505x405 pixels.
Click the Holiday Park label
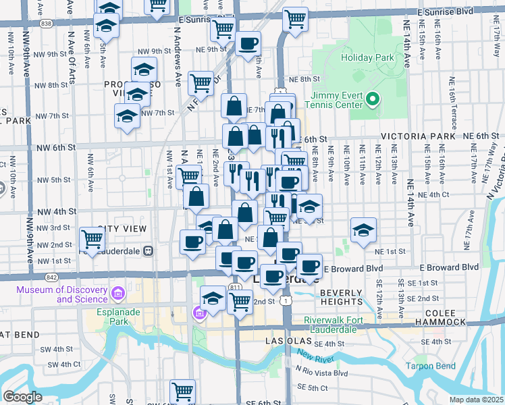[x=367, y=57]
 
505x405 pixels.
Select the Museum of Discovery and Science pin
[x=118, y=294]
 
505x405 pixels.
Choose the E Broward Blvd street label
[x=356, y=269]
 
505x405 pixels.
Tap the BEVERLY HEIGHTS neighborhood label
[x=342, y=297]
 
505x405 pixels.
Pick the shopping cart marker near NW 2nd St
[x=92, y=238]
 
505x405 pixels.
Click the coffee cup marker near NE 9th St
[x=248, y=44]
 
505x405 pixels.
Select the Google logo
[x=22, y=397]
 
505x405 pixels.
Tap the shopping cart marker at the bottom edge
[x=183, y=389]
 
